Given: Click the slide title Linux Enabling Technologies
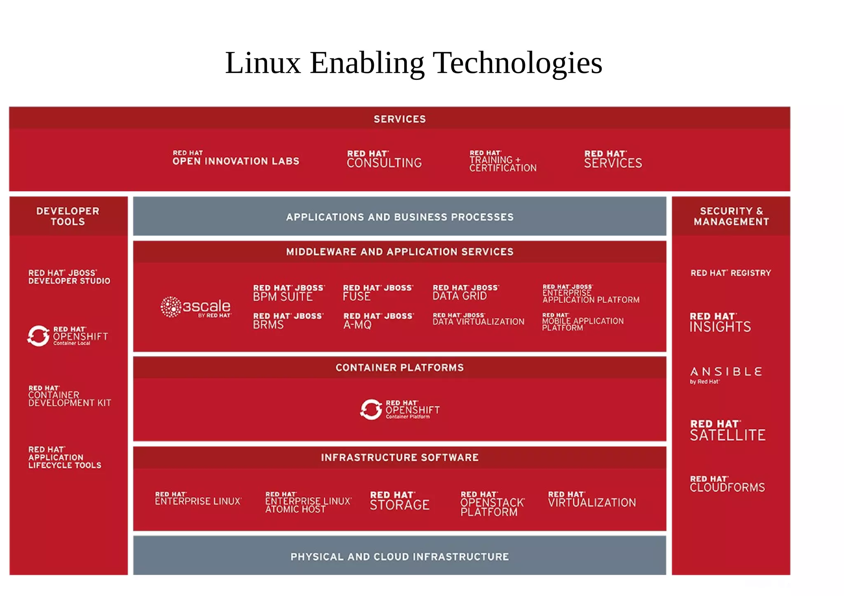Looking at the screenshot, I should [x=413, y=63].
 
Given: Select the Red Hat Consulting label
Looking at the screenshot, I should [x=384, y=159].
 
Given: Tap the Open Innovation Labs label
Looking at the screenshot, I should [x=235, y=158].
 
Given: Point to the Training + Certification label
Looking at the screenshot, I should [x=503, y=161].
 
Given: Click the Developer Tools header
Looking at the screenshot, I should [x=68, y=216].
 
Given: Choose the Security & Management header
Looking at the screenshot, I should [x=731, y=216].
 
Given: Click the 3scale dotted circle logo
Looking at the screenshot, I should [x=171, y=307].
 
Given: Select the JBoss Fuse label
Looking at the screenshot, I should [x=377, y=293].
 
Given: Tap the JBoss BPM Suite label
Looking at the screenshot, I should [x=288, y=293].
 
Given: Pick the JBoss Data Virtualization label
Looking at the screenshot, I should [x=478, y=319].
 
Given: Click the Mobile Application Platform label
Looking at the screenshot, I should [x=582, y=322].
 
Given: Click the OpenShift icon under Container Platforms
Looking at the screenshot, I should [x=371, y=409].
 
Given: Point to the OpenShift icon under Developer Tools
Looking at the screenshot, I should [x=38, y=336].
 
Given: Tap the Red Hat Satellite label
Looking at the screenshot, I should [x=727, y=431].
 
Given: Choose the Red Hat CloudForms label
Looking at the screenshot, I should [x=727, y=484].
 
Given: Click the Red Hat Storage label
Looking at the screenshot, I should [x=399, y=501].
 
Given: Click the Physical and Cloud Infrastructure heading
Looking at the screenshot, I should [x=399, y=557].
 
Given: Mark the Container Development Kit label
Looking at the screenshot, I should [x=70, y=396].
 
